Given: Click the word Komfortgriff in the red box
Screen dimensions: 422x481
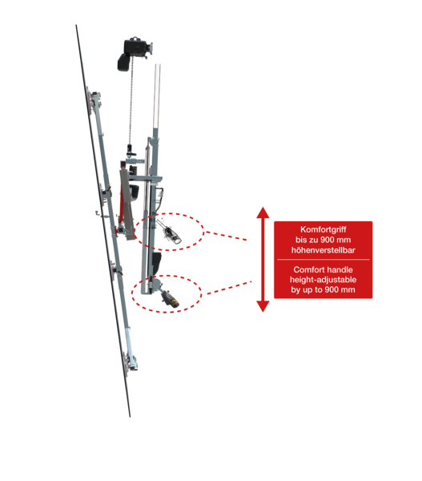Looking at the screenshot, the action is [x=323, y=230].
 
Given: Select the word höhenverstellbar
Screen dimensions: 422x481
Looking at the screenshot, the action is [x=323, y=250].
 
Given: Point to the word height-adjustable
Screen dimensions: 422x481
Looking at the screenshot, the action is [x=323, y=280].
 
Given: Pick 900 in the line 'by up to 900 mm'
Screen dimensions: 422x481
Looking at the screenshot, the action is [x=332, y=289].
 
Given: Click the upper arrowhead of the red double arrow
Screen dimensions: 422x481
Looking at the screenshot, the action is [x=263, y=212].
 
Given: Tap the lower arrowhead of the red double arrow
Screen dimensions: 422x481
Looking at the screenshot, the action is [x=263, y=306].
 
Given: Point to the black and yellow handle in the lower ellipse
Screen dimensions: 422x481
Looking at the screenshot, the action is [x=170, y=298].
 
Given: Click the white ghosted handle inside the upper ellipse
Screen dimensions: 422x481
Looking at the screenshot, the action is [x=169, y=232].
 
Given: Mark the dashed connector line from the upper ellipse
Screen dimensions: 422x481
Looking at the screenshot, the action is [x=226, y=236].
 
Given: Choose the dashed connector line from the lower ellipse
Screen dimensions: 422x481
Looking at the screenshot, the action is [x=229, y=288].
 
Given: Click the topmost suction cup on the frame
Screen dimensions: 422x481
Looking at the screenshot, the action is [x=90, y=100].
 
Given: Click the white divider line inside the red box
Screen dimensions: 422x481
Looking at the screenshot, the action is [x=323, y=260].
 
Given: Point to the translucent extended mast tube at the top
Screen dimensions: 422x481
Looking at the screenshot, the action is [x=157, y=96].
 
